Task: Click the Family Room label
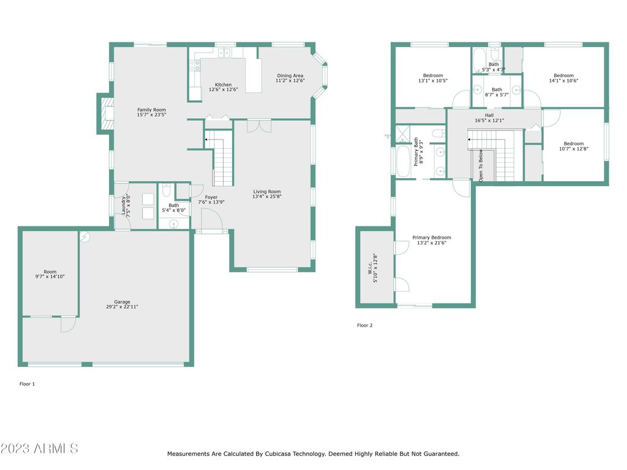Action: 152,110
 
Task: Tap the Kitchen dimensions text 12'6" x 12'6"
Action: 223,89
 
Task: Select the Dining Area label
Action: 290,75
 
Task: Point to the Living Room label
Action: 267,192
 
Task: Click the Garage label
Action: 122,302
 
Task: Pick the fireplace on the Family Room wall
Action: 105,114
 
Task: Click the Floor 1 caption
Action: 27,384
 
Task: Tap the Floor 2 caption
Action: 365,326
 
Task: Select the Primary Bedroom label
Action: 432,237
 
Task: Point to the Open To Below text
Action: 481,165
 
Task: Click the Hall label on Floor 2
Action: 489,115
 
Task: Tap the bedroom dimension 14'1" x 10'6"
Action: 563,80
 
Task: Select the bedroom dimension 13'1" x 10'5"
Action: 433,80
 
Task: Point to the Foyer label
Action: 211,197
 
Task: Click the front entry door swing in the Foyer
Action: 211,219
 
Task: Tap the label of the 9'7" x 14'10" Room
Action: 50,272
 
